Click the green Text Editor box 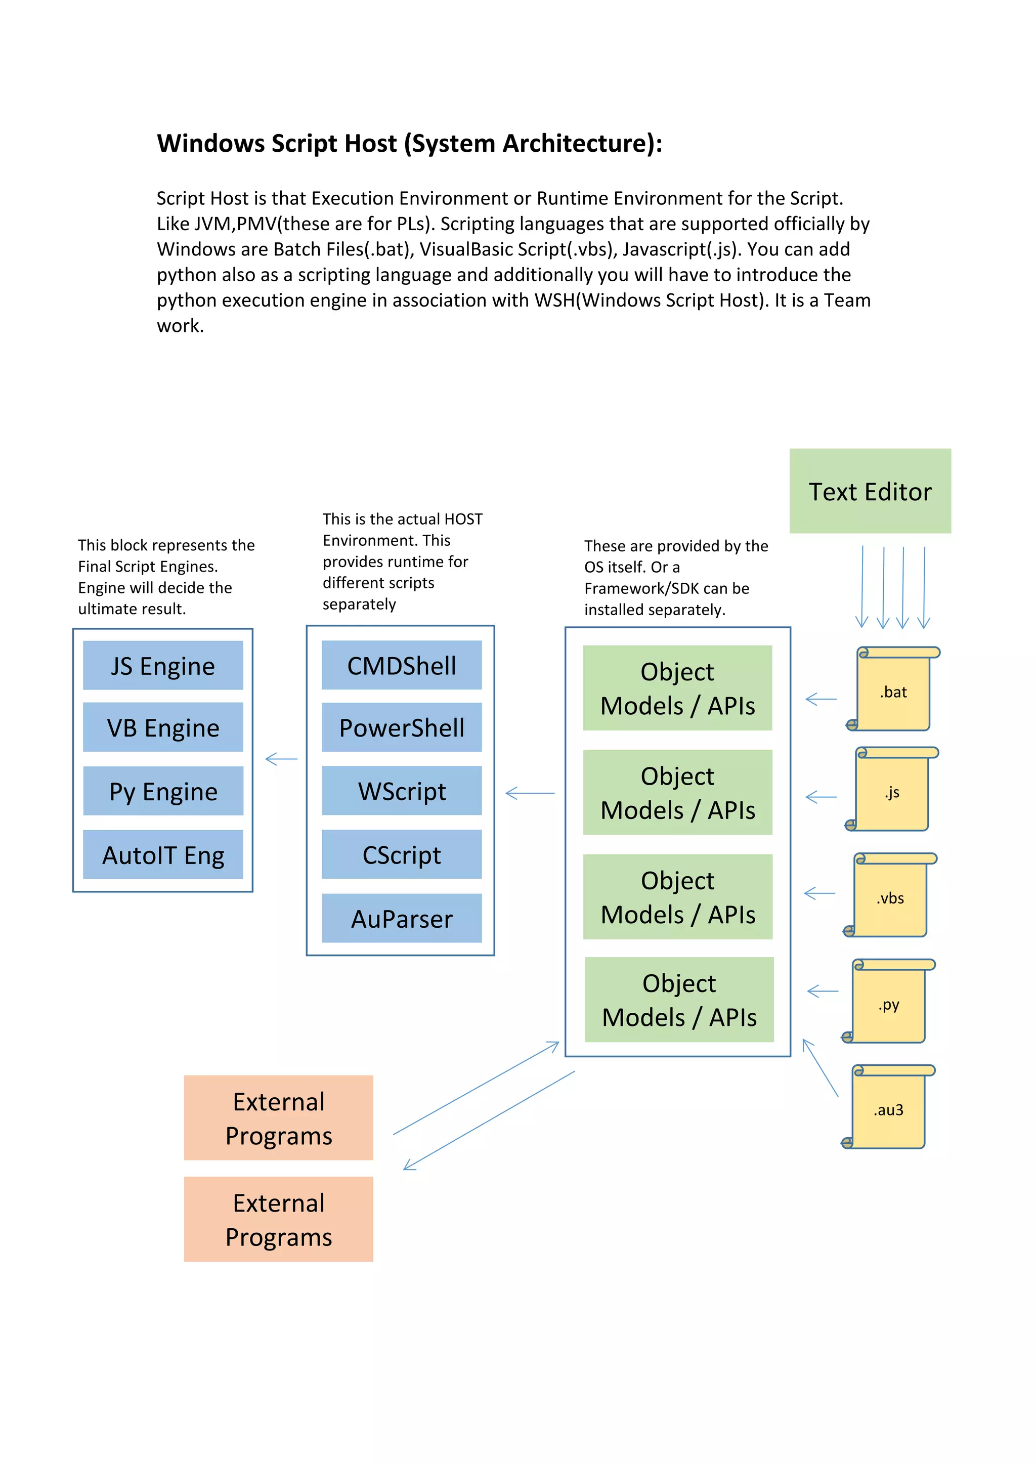click(870, 491)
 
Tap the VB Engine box click(163, 727)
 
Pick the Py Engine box click(163, 791)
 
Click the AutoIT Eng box click(163, 854)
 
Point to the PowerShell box click(401, 727)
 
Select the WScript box click(401, 791)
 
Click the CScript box click(401, 854)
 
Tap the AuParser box click(401, 918)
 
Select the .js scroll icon click(891, 790)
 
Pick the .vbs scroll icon click(890, 895)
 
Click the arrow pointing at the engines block click(281, 759)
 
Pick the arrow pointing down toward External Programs click(489, 1121)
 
